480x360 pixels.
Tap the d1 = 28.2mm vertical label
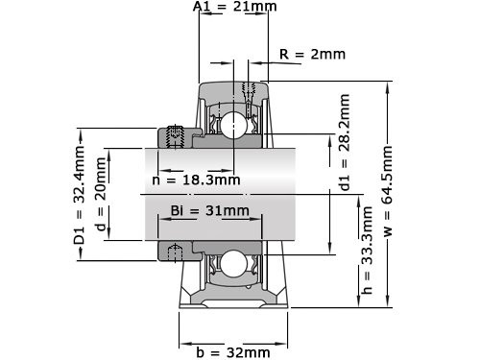tap(345, 156)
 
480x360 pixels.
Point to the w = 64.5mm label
tap(389, 193)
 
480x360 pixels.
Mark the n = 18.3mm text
tap(196, 180)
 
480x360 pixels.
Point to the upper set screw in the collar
tap(175, 136)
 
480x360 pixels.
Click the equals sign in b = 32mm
tap(214, 352)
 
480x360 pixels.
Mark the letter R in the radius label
tap(283, 54)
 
